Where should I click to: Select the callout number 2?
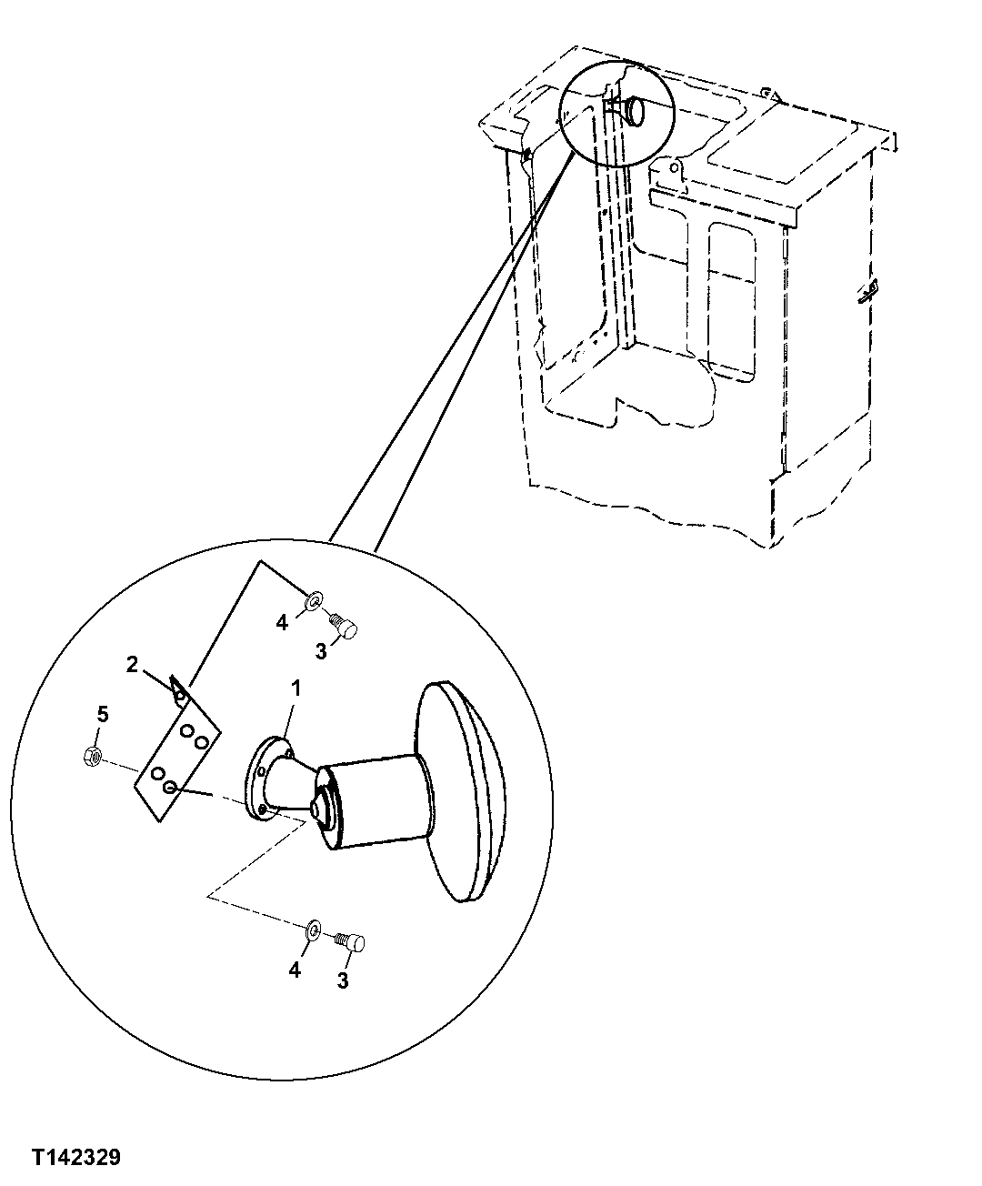[x=132, y=665]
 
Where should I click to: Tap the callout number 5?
[x=103, y=714]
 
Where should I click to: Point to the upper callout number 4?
[x=283, y=622]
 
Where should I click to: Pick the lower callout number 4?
[x=295, y=970]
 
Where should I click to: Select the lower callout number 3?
[x=343, y=980]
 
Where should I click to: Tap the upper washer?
[x=314, y=601]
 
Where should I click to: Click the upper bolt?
[x=346, y=626]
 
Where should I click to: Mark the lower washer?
[x=311, y=929]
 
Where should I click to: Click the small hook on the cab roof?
[x=768, y=93]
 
